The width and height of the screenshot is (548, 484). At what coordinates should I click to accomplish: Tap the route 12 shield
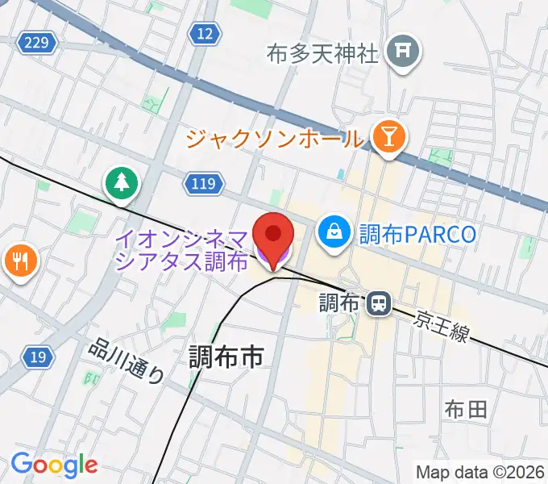[205, 33]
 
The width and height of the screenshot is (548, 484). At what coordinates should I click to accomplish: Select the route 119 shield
[203, 185]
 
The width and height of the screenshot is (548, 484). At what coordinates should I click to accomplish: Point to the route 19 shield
[35, 356]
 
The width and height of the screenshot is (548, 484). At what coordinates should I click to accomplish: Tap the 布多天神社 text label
[322, 55]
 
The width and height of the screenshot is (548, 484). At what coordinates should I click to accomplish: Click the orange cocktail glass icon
[388, 137]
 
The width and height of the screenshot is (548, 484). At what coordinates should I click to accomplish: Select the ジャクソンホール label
[275, 138]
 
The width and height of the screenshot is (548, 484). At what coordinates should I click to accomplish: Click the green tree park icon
[121, 183]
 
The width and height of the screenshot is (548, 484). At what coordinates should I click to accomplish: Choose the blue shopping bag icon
[332, 234]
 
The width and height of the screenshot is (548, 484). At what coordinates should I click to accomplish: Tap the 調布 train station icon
[377, 303]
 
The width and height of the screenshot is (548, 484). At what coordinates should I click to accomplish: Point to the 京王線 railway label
[442, 326]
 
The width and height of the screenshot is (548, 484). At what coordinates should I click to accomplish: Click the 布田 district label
[465, 410]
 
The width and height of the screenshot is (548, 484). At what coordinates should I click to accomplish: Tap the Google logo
[54, 465]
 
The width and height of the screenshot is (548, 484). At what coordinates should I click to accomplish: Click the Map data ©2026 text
[479, 472]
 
